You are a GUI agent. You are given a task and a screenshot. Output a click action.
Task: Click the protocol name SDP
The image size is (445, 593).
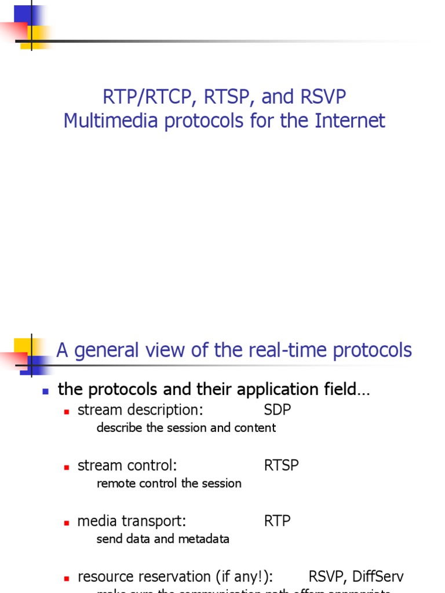[x=278, y=410]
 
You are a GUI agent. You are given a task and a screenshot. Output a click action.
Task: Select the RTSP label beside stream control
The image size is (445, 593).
[x=282, y=466]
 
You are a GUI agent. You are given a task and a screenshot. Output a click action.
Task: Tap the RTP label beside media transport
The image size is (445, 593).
[x=278, y=521]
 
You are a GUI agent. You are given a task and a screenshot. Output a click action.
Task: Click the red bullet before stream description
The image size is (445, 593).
[x=67, y=411]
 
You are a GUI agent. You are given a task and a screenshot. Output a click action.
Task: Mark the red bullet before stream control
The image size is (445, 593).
[x=67, y=467]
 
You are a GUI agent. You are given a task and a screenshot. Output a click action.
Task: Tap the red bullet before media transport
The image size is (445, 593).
[x=67, y=522]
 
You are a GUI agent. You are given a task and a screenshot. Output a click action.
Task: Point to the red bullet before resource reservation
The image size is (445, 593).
[x=67, y=578]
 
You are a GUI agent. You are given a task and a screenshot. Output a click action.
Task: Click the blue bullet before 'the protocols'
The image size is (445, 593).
[x=46, y=391]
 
